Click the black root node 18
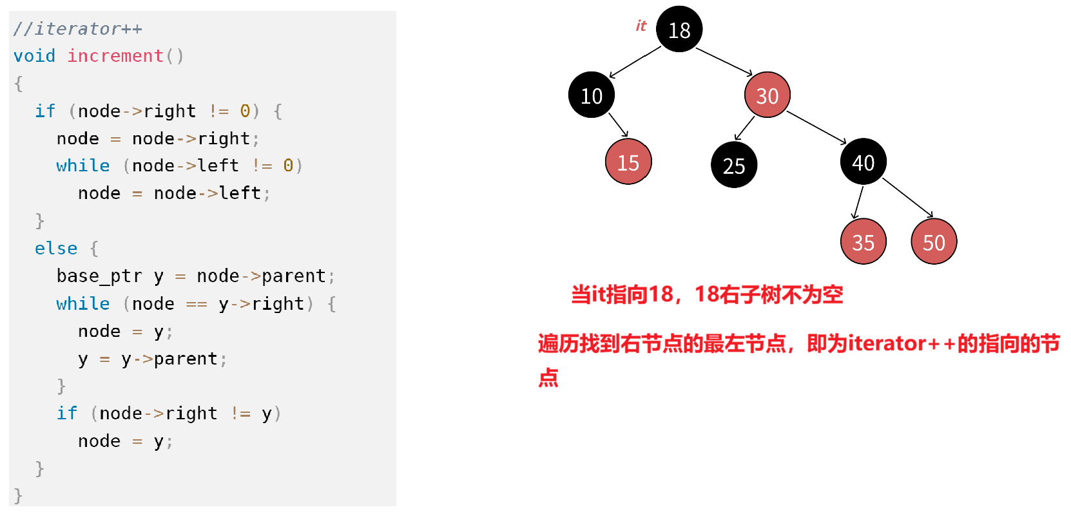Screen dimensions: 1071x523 tap(679, 29)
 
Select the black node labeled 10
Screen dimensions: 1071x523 tap(592, 95)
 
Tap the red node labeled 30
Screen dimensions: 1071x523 tap(767, 95)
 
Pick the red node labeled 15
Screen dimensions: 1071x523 tap(628, 162)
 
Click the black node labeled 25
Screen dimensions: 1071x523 tap(734, 165)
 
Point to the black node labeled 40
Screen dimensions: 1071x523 tap(864, 162)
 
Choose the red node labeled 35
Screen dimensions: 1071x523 tap(864, 242)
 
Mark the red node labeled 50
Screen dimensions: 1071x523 tap(934, 242)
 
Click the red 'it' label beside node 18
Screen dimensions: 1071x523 tap(641, 26)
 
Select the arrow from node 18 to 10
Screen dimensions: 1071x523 tap(635, 62)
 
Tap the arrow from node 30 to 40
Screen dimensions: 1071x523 tap(816, 127)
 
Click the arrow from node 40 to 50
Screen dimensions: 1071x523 tap(907, 197)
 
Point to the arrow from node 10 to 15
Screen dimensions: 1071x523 tap(618, 125)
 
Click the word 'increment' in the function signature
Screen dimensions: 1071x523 tap(115, 56)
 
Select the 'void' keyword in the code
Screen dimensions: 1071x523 tap(34, 56)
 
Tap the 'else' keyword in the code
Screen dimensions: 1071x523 tap(56, 249)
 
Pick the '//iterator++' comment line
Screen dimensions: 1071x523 tap(77, 29)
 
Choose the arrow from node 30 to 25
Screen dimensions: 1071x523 tap(745, 128)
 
